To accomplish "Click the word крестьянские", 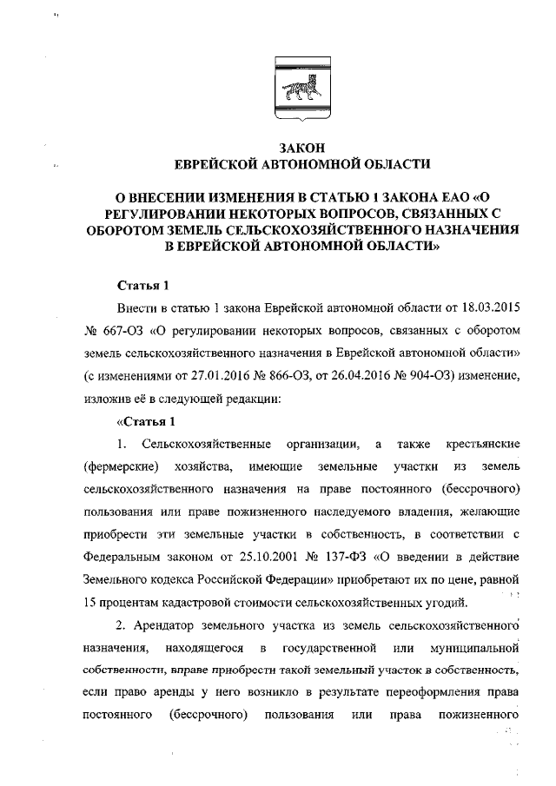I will click(x=481, y=445).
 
